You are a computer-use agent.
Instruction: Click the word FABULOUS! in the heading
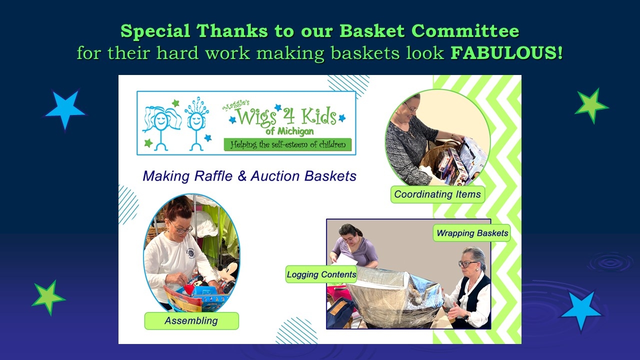point(507,53)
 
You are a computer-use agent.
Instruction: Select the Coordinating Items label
point(437,194)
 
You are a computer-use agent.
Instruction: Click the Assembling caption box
point(191,321)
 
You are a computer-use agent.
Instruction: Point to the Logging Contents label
point(321,274)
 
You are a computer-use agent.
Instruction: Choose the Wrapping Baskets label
point(472,233)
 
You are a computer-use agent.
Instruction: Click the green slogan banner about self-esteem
point(287,144)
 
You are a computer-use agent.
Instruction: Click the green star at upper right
point(591,105)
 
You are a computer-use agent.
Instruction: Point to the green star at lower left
point(48,297)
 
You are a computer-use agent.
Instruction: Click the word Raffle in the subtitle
point(213,176)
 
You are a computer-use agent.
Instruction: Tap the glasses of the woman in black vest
point(467,263)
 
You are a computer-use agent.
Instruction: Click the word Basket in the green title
point(372,30)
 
